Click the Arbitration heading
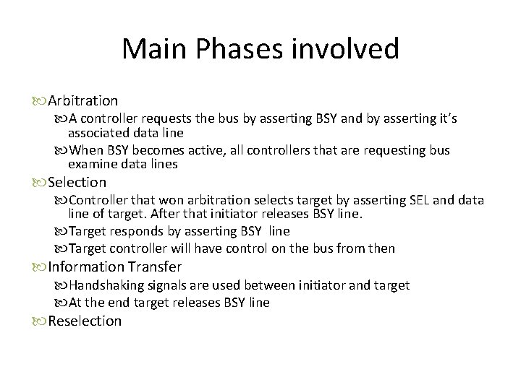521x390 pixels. (x=82, y=100)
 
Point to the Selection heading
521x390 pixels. (x=77, y=183)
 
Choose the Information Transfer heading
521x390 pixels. (x=114, y=266)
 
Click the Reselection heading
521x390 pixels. (x=85, y=321)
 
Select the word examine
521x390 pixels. (x=92, y=164)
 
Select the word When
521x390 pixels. (x=87, y=150)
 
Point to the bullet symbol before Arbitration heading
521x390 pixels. (x=41, y=101)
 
